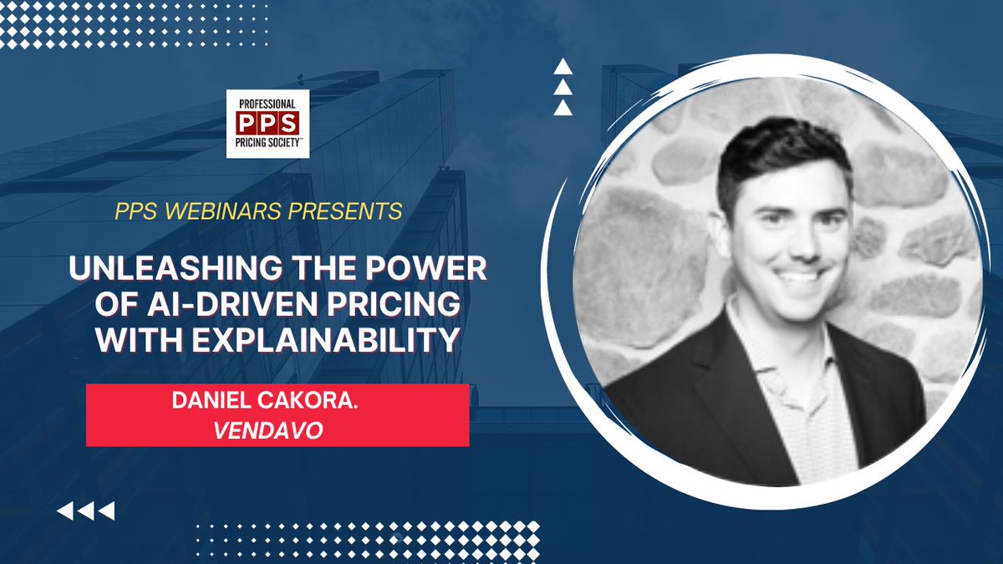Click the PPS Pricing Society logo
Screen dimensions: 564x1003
tap(267, 124)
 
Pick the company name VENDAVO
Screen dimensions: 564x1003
tap(277, 426)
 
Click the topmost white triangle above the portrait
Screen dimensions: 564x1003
tap(563, 67)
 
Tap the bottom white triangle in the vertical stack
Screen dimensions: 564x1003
tap(563, 107)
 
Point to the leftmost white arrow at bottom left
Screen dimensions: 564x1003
tap(64, 511)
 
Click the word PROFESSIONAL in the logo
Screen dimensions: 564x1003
tap(267, 101)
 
